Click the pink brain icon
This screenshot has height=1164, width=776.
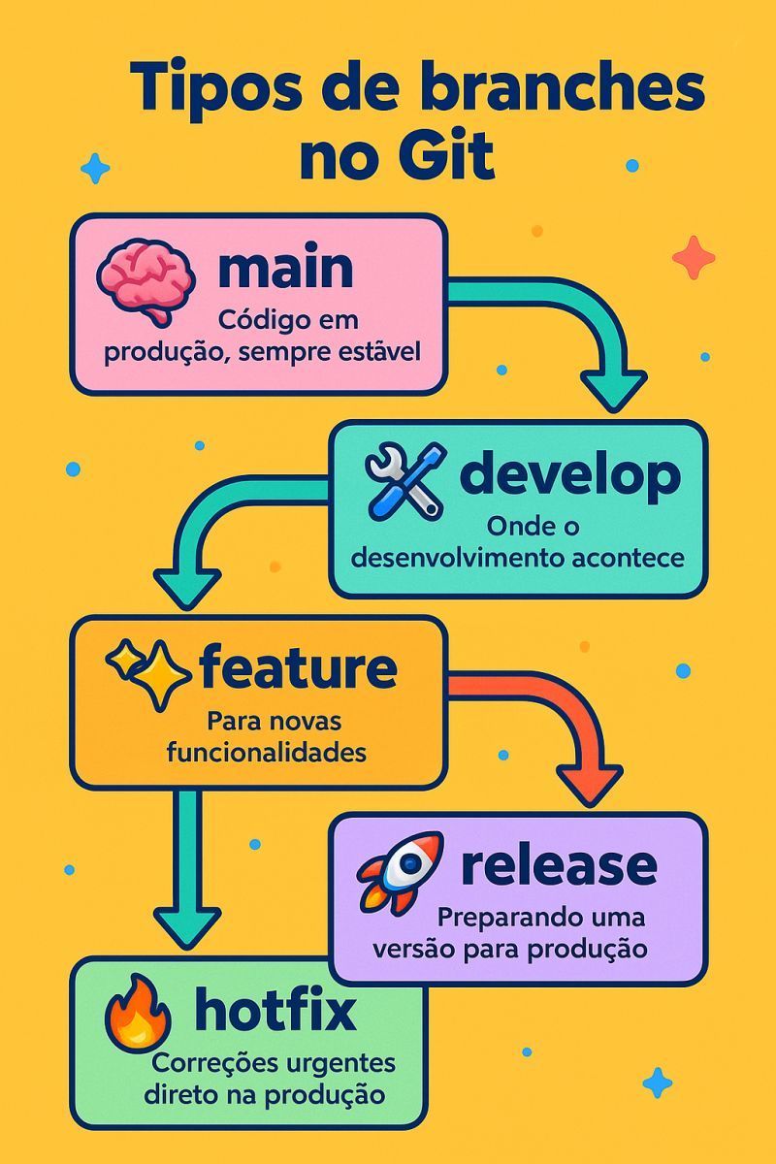click(x=146, y=281)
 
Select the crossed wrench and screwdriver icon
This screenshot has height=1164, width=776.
click(x=405, y=480)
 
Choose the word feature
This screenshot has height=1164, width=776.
click(x=297, y=667)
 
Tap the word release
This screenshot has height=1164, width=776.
click(x=559, y=864)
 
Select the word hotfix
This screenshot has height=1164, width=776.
click(x=275, y=1011)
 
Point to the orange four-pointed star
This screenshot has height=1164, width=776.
click(x=694, y=257)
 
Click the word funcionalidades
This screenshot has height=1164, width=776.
click(x=267, y=753)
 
